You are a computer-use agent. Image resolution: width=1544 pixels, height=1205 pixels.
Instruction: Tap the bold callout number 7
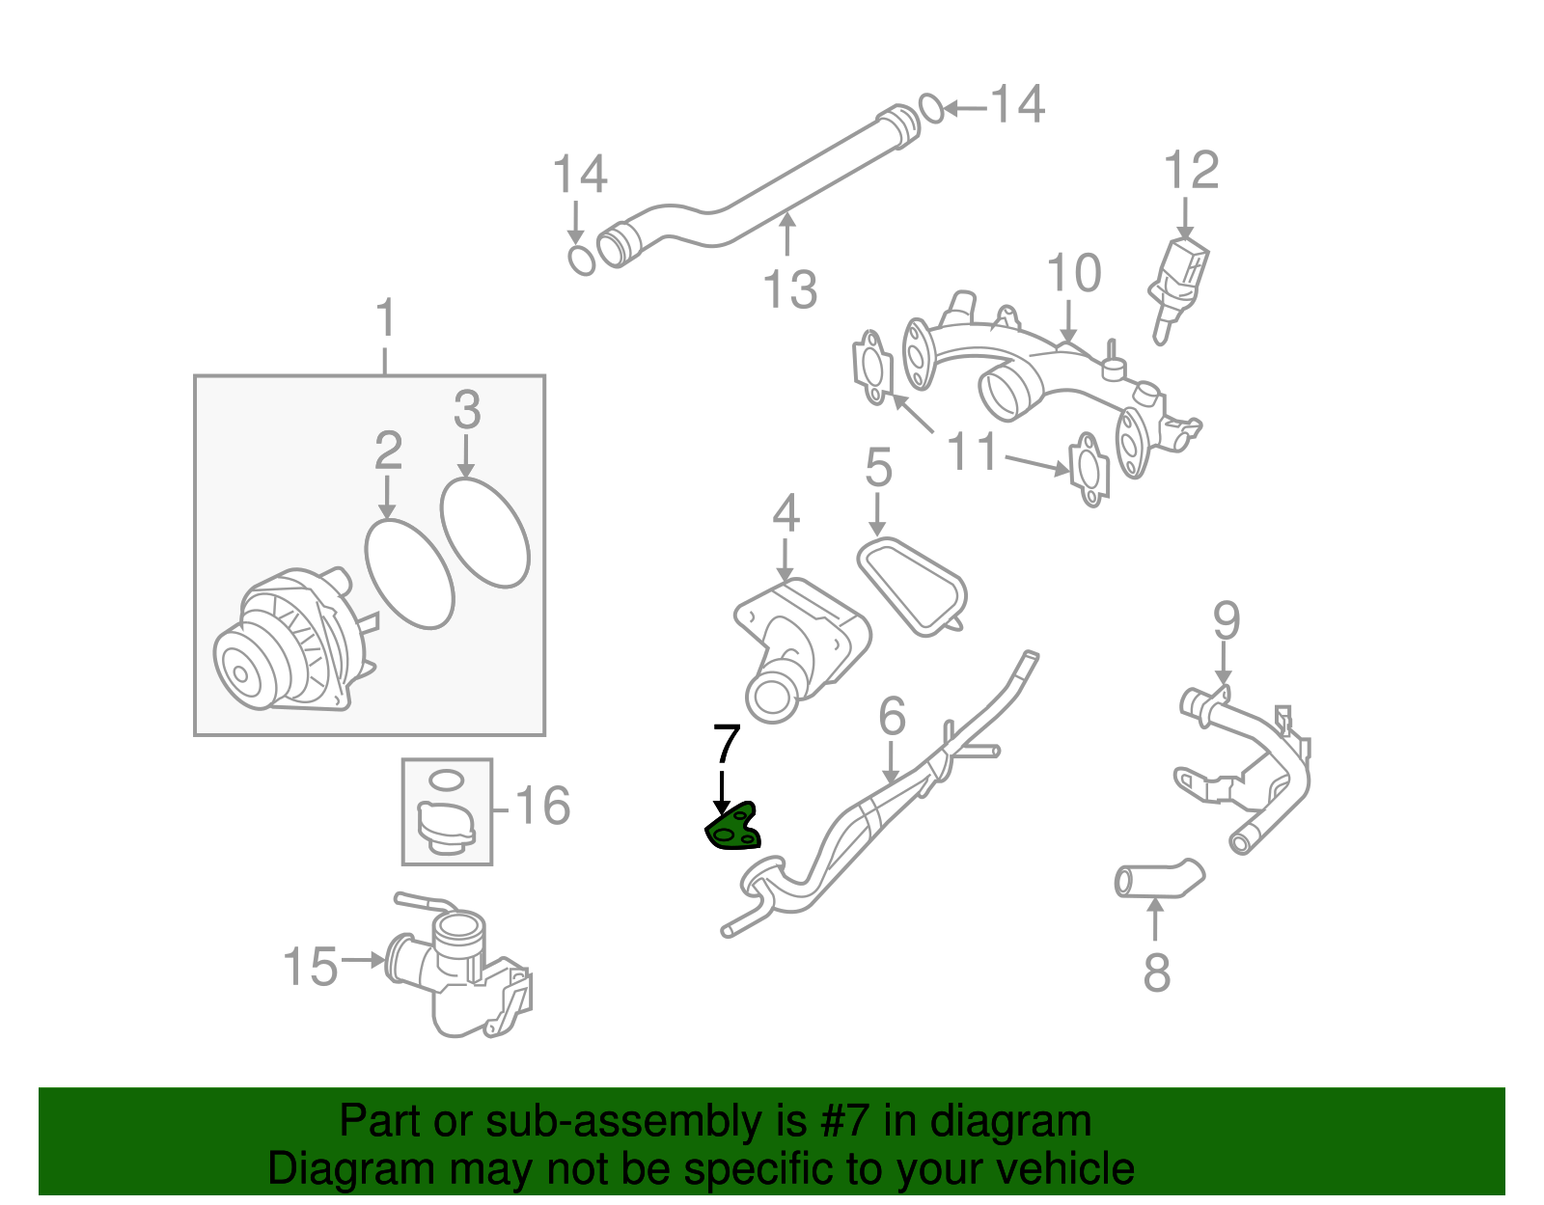click(726, 745)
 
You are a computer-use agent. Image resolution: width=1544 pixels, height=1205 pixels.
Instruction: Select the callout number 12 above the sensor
click(1191, 172)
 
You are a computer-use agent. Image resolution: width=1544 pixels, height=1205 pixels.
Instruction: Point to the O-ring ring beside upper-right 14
click(931, 108)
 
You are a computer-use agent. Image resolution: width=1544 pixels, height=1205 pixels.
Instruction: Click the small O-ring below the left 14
click(581, 260)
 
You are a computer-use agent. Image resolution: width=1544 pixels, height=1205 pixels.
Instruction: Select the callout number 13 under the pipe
click(789, 289)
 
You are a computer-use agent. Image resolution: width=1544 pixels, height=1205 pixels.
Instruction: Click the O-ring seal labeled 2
click(409, 574)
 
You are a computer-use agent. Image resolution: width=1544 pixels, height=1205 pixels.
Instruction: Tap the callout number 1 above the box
click(385, 317)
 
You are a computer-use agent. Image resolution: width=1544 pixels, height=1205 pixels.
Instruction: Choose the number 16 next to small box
click(542, 806)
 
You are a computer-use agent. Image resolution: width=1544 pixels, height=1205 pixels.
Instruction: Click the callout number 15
click(310, 966)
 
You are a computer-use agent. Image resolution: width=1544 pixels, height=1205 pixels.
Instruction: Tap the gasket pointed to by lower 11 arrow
click(1089, 470)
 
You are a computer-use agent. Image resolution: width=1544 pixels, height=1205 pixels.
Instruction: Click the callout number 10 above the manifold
click(1073, 274)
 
